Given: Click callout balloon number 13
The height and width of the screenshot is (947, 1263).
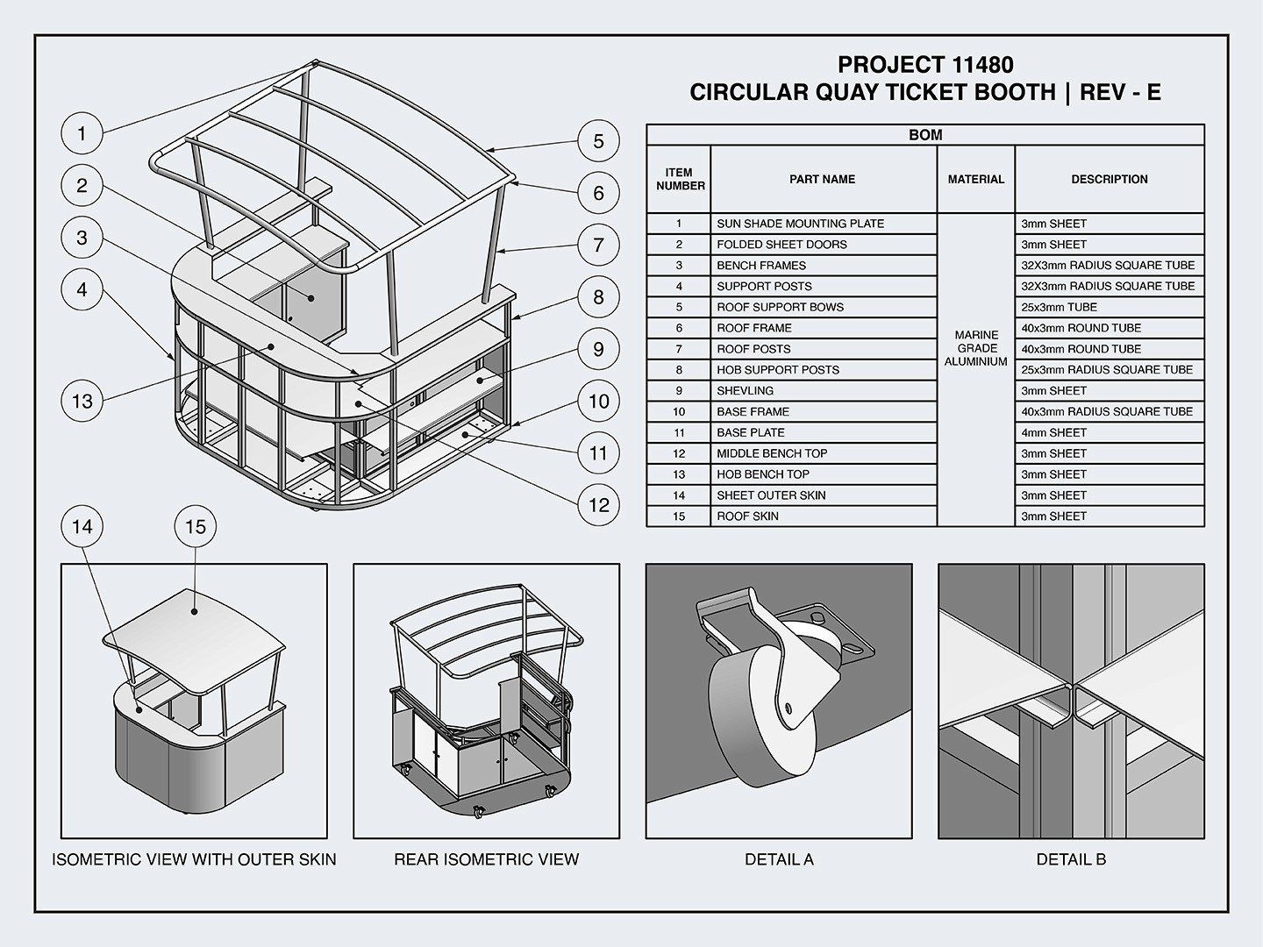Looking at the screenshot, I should click(82, 401).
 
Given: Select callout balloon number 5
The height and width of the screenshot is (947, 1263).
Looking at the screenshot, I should click(598, 140).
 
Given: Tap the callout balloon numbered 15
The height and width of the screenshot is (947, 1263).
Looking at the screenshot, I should click(196, 526).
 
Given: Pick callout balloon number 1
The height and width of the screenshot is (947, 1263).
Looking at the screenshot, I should click(82, 133).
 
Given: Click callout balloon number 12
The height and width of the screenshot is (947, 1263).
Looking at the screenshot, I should click(598, 504).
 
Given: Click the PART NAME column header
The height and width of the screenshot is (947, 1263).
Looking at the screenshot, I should click(822, 179).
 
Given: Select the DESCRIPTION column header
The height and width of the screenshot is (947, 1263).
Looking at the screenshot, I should click(1109, 179).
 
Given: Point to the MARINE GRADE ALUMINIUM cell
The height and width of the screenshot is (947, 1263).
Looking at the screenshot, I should click(975, 348).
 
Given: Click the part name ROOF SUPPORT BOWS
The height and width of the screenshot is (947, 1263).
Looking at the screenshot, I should click(780, 307).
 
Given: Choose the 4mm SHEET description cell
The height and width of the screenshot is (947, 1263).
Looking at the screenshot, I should click(1053, 432).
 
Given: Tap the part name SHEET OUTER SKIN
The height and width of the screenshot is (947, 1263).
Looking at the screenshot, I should click(770, 495).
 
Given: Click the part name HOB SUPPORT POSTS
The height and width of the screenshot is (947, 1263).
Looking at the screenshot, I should click(777, 370).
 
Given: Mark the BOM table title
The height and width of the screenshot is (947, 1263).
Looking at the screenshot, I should click(925, 135).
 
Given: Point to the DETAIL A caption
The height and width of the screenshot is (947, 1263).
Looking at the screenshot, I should click(779, 859).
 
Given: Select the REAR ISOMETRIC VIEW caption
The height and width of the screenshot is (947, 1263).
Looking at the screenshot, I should click(486, 859).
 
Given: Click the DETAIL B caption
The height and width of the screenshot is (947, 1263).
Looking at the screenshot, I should click(1071, 859).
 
